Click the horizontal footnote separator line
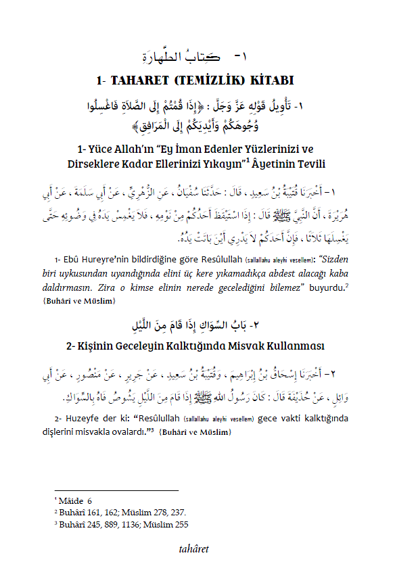116,490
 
